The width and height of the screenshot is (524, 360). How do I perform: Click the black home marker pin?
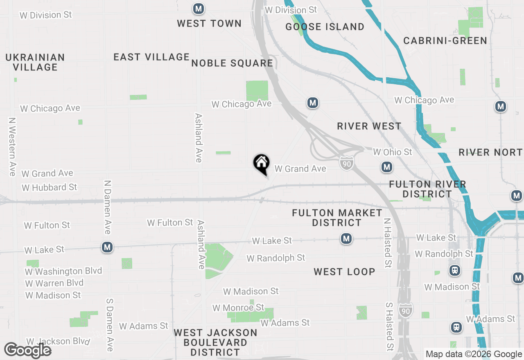pyautogui.click(x=261, y=164)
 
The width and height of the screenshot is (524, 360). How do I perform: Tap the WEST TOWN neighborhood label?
pyautogui.click(x=209, y=23)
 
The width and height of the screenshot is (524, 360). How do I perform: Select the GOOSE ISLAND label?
pyautogui.click(x=325, y=27)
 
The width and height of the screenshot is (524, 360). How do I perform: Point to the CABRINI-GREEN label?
pyautogui.click(x=445, y=40)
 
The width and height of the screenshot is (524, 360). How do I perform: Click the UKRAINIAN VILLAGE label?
pyautogui.click(x=35, y=62)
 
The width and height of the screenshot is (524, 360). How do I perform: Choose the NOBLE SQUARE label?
pyautogui.click(x=232, y=63)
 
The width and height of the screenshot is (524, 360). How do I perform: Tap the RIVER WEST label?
pyautogui.click(x=369, y=126)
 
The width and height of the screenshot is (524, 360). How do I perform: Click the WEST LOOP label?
pyautogui.click(x=344, y=272)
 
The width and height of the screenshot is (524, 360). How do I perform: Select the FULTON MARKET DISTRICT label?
pyautogui.click(x=337, y=218)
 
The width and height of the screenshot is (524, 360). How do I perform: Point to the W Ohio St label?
pyautogui.click(x=392, y=152)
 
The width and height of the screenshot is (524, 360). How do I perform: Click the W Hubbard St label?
pyautogui.click(x=50, y=187)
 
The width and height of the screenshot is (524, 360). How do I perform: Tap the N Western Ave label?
pyautogui.click(x=12, y=146)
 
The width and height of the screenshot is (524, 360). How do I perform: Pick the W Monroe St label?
pyautogui.click(x=238, y=307)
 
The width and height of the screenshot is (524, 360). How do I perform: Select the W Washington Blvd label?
pyautogui.click(x=63, y=271)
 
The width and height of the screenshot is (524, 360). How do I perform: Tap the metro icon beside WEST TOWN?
pyautogui.click(x=199, y=8)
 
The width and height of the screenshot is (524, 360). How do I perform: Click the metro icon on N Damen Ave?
pyautogui.click(x=107, y=247)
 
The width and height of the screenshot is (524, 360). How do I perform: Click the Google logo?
pyautogui.click(x=27, y=351)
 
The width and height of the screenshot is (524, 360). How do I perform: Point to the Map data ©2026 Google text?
pyautogui.click(x=474, y=354)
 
